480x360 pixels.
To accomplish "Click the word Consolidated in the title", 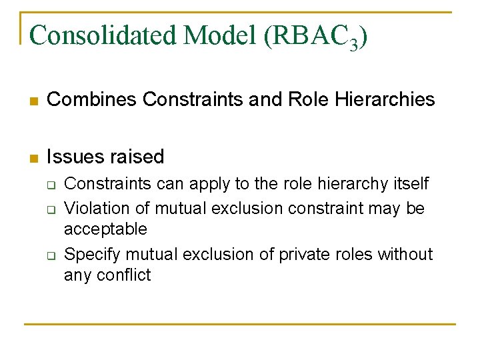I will pos(103,35).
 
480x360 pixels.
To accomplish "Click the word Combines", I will pos(93,100).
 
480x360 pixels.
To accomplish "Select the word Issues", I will pos(72,157).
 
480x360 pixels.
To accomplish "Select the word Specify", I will pos(93,255).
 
